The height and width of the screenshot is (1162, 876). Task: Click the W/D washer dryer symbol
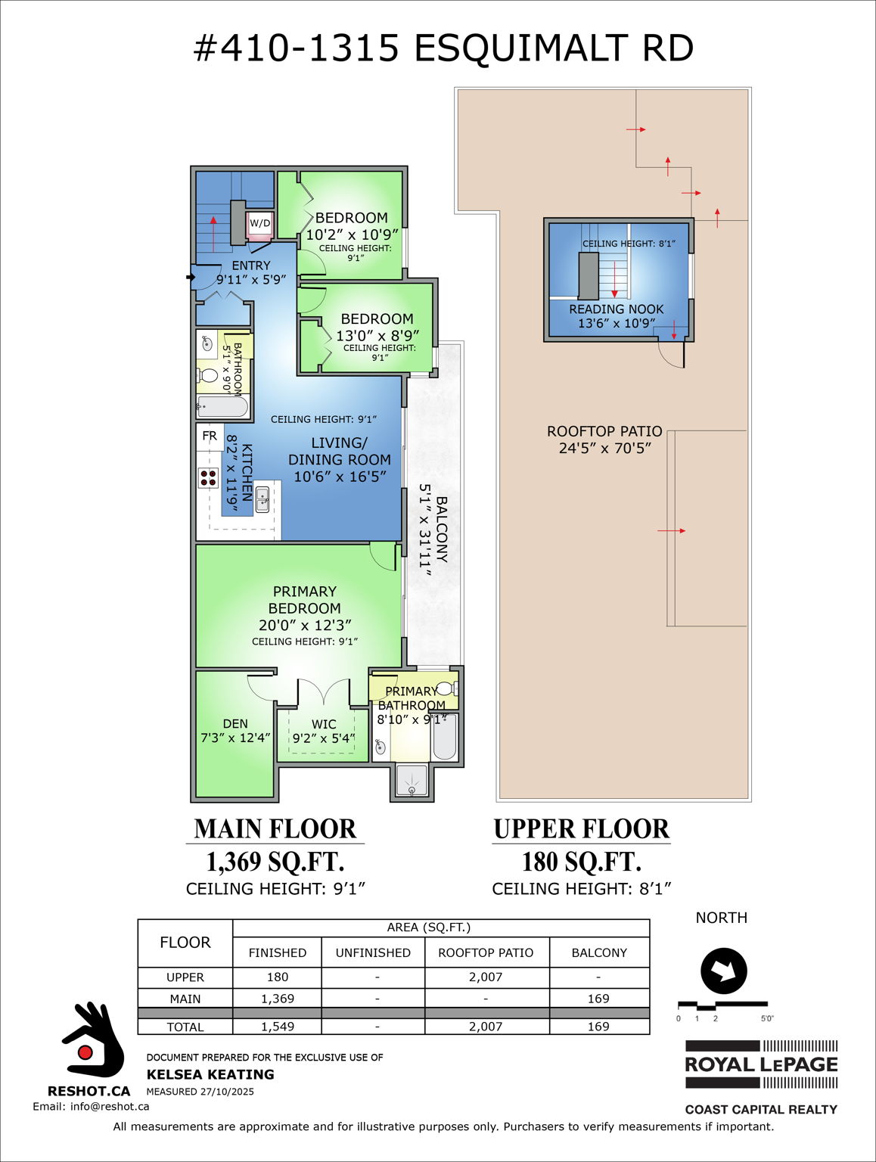pyautogui.click(x=259, y=224)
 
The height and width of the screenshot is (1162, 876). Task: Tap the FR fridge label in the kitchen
pyautogui.click(x=210, y=436)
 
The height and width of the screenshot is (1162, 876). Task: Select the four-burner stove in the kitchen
pyautogui.click(x=208, y=477)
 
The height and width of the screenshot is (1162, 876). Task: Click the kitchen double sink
pyautogui.click(x=262, y=500)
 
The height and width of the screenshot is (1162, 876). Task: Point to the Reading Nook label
pyautogui.click(x=616, y=309)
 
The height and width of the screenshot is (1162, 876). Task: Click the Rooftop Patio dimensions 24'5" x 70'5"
pyautogui.click(x=604, y=448)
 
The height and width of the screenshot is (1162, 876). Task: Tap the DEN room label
pyautogui.click(x=235, y=724)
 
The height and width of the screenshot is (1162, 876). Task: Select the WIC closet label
pyautogui.click(x=324, y=725)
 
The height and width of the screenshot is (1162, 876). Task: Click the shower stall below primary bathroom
pyautogui.click(x=412, y=780)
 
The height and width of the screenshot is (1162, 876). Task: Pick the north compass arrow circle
pyautogui.click(x=724, y=971)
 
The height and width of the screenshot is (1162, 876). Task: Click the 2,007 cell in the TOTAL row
pyautogui.click(x=486, y=1027)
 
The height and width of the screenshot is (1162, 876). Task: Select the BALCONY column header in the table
pyautogui.click(x=599, y=953)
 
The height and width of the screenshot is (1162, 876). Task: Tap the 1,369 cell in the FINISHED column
pyautogui.click(x=278, y=999)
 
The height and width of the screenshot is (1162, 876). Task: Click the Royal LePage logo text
pyautogui.click(x=761, y=1064)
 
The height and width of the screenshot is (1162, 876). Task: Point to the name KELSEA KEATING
pyautogui.click(x=210, y=1074)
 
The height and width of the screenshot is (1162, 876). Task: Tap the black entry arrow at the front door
pyautogui.click(x=190, y=278)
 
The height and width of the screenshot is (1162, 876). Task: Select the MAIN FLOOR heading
pyautogui.click(x=275, y=829)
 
